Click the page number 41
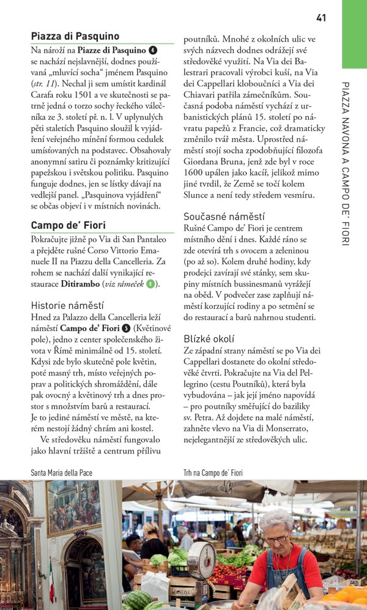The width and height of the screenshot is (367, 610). click(321, 18)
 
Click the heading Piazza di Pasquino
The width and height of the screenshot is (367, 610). click(75, 37)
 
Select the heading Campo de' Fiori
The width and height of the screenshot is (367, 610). click(69, 225)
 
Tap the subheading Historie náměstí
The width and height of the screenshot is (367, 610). click(67, 305)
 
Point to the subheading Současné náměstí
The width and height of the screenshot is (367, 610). click(224, 216)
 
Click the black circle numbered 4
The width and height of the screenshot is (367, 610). click(153, 50)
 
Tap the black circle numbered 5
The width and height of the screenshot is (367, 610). click(126, 329)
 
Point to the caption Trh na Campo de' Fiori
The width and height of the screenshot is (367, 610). click(213, 472)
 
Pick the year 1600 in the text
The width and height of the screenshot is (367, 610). click(195, 173)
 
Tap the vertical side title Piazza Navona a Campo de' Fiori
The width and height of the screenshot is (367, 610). click(346, 163)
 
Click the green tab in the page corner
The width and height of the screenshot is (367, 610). click(354, 33)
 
